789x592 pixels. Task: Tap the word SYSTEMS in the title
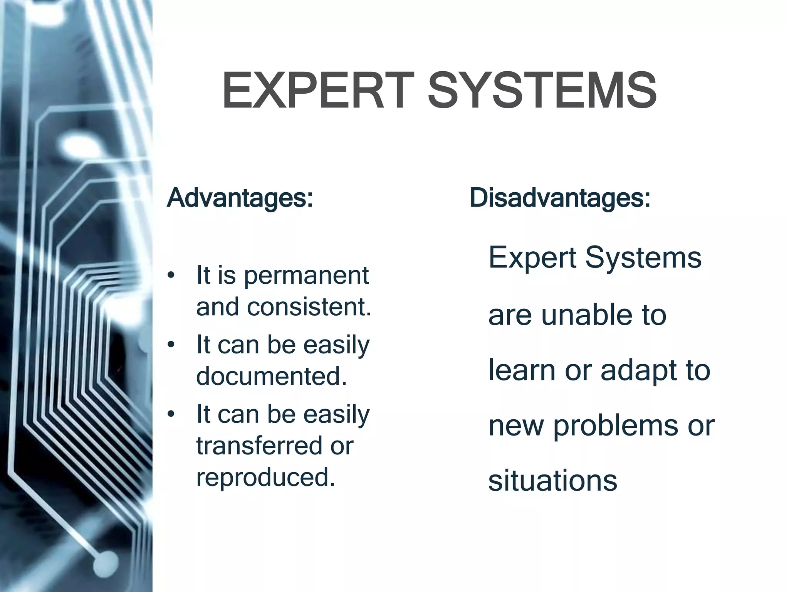point(542,91)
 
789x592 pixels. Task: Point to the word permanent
point(306,276)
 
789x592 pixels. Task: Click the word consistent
point(309,307)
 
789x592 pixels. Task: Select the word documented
point(272,376)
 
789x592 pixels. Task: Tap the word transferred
point(259,446)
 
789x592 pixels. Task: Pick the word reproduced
point(266,477)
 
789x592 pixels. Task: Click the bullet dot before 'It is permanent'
point(171,276)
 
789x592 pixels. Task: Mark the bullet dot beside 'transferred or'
point(171,415)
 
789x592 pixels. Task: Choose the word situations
point(552,481)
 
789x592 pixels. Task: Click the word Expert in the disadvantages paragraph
point(532,258)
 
